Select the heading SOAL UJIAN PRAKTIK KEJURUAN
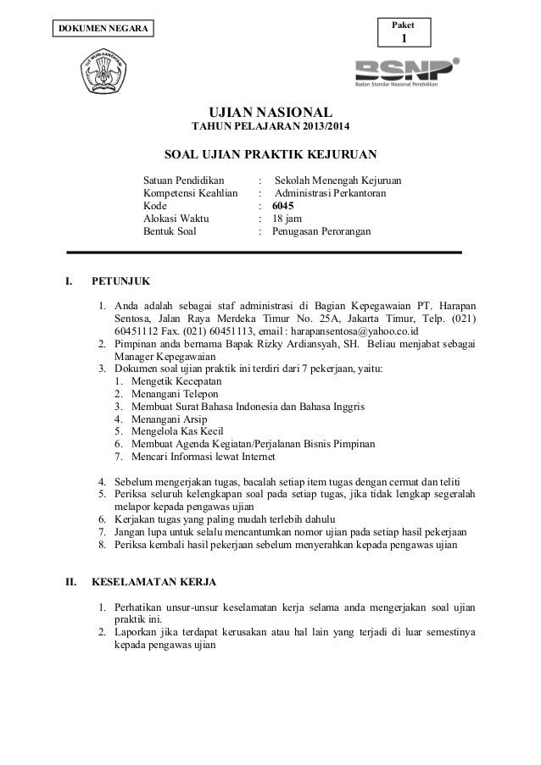pos(270,155)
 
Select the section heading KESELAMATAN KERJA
pos(153,583)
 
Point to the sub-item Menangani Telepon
pos(164,394)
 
